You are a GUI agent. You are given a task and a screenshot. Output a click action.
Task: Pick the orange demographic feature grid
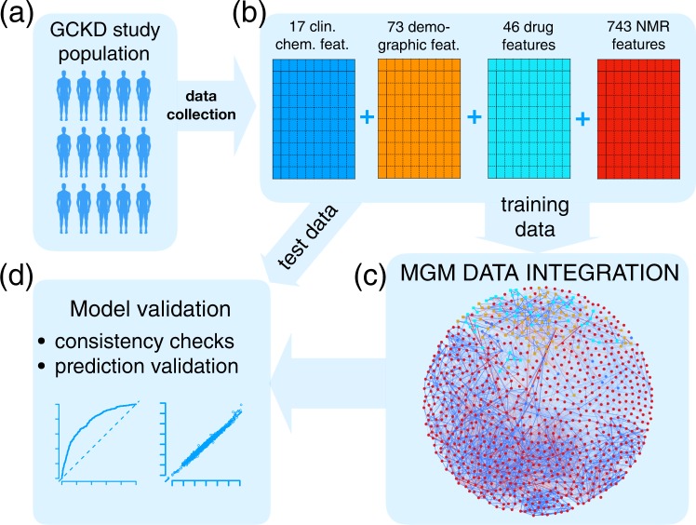[420, 117]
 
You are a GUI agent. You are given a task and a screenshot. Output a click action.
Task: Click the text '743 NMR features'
[636, 34]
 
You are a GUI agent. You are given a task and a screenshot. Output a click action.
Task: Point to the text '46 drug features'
[527, 34]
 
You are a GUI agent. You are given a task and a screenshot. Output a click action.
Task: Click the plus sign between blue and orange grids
[366, 118]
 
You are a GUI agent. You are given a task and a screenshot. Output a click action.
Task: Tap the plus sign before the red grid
[582, 118]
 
